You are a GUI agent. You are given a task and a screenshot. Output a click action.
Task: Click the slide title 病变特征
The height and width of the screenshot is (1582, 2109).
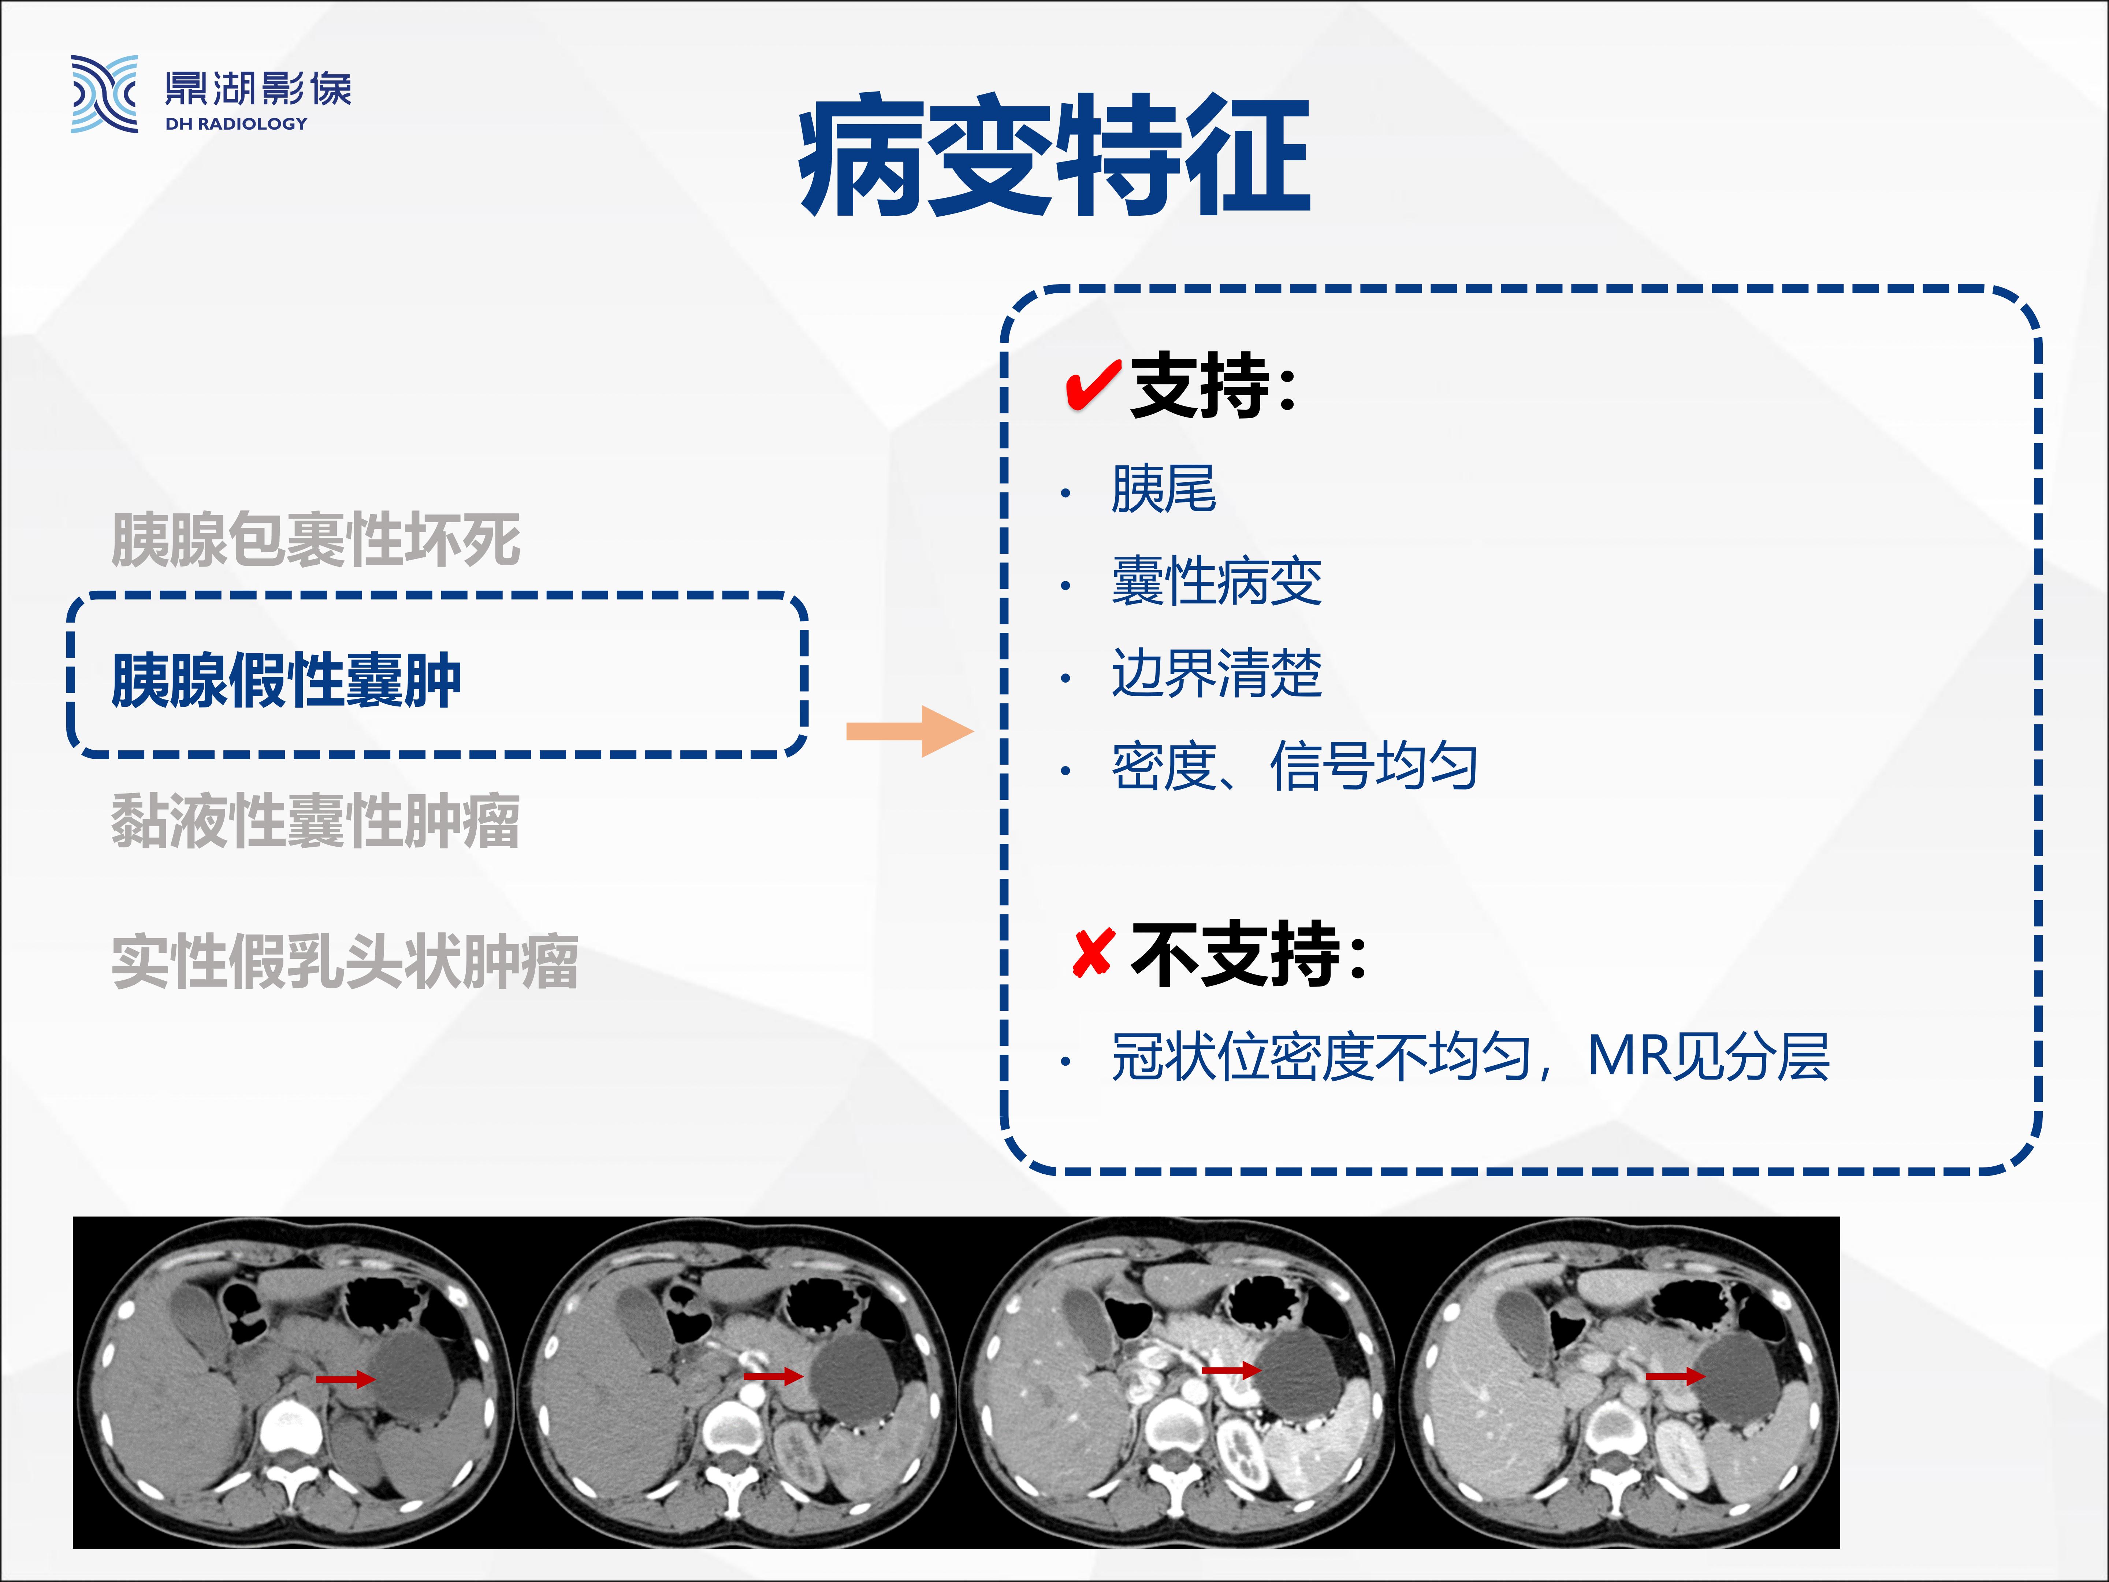click(x=1054, y=155)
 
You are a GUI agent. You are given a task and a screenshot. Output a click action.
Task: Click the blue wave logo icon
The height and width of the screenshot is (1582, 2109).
click(x=104, y=93)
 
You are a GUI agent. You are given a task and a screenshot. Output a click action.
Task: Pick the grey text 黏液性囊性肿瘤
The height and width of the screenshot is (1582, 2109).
click(x=316, y=821)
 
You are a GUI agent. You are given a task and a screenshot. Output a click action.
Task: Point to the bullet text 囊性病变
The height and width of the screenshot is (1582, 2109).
click(x=1217, y=582)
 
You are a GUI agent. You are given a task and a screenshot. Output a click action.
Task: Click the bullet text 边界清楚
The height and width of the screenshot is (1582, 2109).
click(x=1217, y=674)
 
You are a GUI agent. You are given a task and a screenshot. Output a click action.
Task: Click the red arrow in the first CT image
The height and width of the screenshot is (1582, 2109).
click(x=345, y=1379)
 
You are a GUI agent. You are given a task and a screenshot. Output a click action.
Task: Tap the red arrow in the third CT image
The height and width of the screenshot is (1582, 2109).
click(x=1231, y=1370)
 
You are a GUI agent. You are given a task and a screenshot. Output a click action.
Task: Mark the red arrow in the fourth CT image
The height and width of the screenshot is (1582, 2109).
click(x=1675, y=1376)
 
